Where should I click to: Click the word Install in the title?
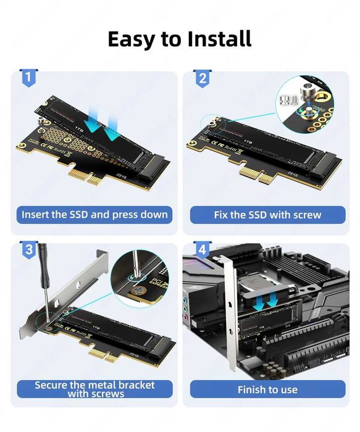(x=215, y=38)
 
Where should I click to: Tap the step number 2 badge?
(x=202, y=78)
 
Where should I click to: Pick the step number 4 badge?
(x=201, y=250)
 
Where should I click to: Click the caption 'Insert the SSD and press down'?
(x=94, y=215)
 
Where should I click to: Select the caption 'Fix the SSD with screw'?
(x=267, y=215)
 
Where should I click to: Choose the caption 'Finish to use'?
(x=267, y=389)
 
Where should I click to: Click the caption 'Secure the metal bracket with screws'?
(x=94, y=389)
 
